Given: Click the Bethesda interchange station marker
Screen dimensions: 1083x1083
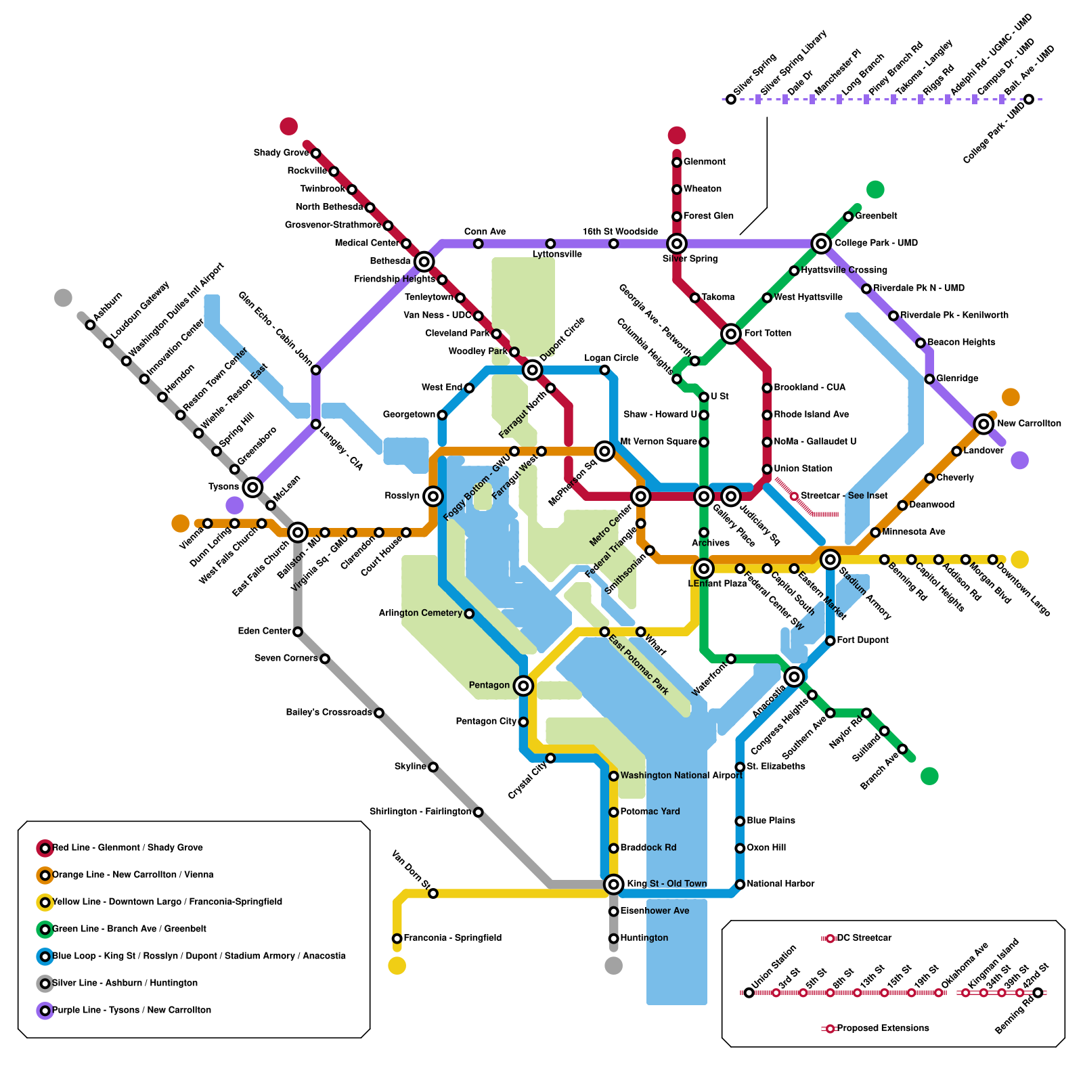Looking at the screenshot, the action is click(x=424, y=261).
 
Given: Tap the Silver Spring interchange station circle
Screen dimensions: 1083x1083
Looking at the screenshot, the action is click(x=676, y=243).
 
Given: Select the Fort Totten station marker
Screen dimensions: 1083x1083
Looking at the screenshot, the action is click(x=730, y=333).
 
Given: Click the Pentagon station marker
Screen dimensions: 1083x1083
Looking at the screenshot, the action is click(x=523, y=686).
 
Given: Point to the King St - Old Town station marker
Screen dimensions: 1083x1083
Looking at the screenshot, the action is click(x=613, y=883).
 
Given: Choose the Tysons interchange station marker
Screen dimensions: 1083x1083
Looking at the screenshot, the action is click(x=252, y=487).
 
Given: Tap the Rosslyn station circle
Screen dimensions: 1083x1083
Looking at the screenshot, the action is click(x=433, y=496).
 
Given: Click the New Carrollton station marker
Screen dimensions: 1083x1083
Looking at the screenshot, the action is click(x=983, y=424).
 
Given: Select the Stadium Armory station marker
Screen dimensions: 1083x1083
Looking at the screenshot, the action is click(x=830, y=559).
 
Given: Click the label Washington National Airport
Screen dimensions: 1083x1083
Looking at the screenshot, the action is click(x=681, y=776).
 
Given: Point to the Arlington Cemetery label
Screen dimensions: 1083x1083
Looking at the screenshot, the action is click(x=420, y=613).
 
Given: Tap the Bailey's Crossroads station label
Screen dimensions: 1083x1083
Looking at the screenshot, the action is click(x=329, y=712).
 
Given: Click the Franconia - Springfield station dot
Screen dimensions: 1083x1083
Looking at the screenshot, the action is click(x=397, y=938).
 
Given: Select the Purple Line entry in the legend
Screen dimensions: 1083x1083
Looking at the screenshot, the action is click(x=131, y=1010).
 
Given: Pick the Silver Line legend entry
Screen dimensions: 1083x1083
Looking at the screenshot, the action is click(x=125, y=983).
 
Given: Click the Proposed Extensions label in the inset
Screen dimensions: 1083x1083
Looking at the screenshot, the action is click(x=883, y=1028).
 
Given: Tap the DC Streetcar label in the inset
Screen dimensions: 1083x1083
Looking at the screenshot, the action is click(x=864, y=938).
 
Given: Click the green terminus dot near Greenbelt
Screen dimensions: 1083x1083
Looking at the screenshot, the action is click(x=875, y=190).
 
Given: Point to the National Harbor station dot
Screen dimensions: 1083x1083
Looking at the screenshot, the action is click(x=740, y=884).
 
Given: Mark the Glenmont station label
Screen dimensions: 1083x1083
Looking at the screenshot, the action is click(x=704, y=162).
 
